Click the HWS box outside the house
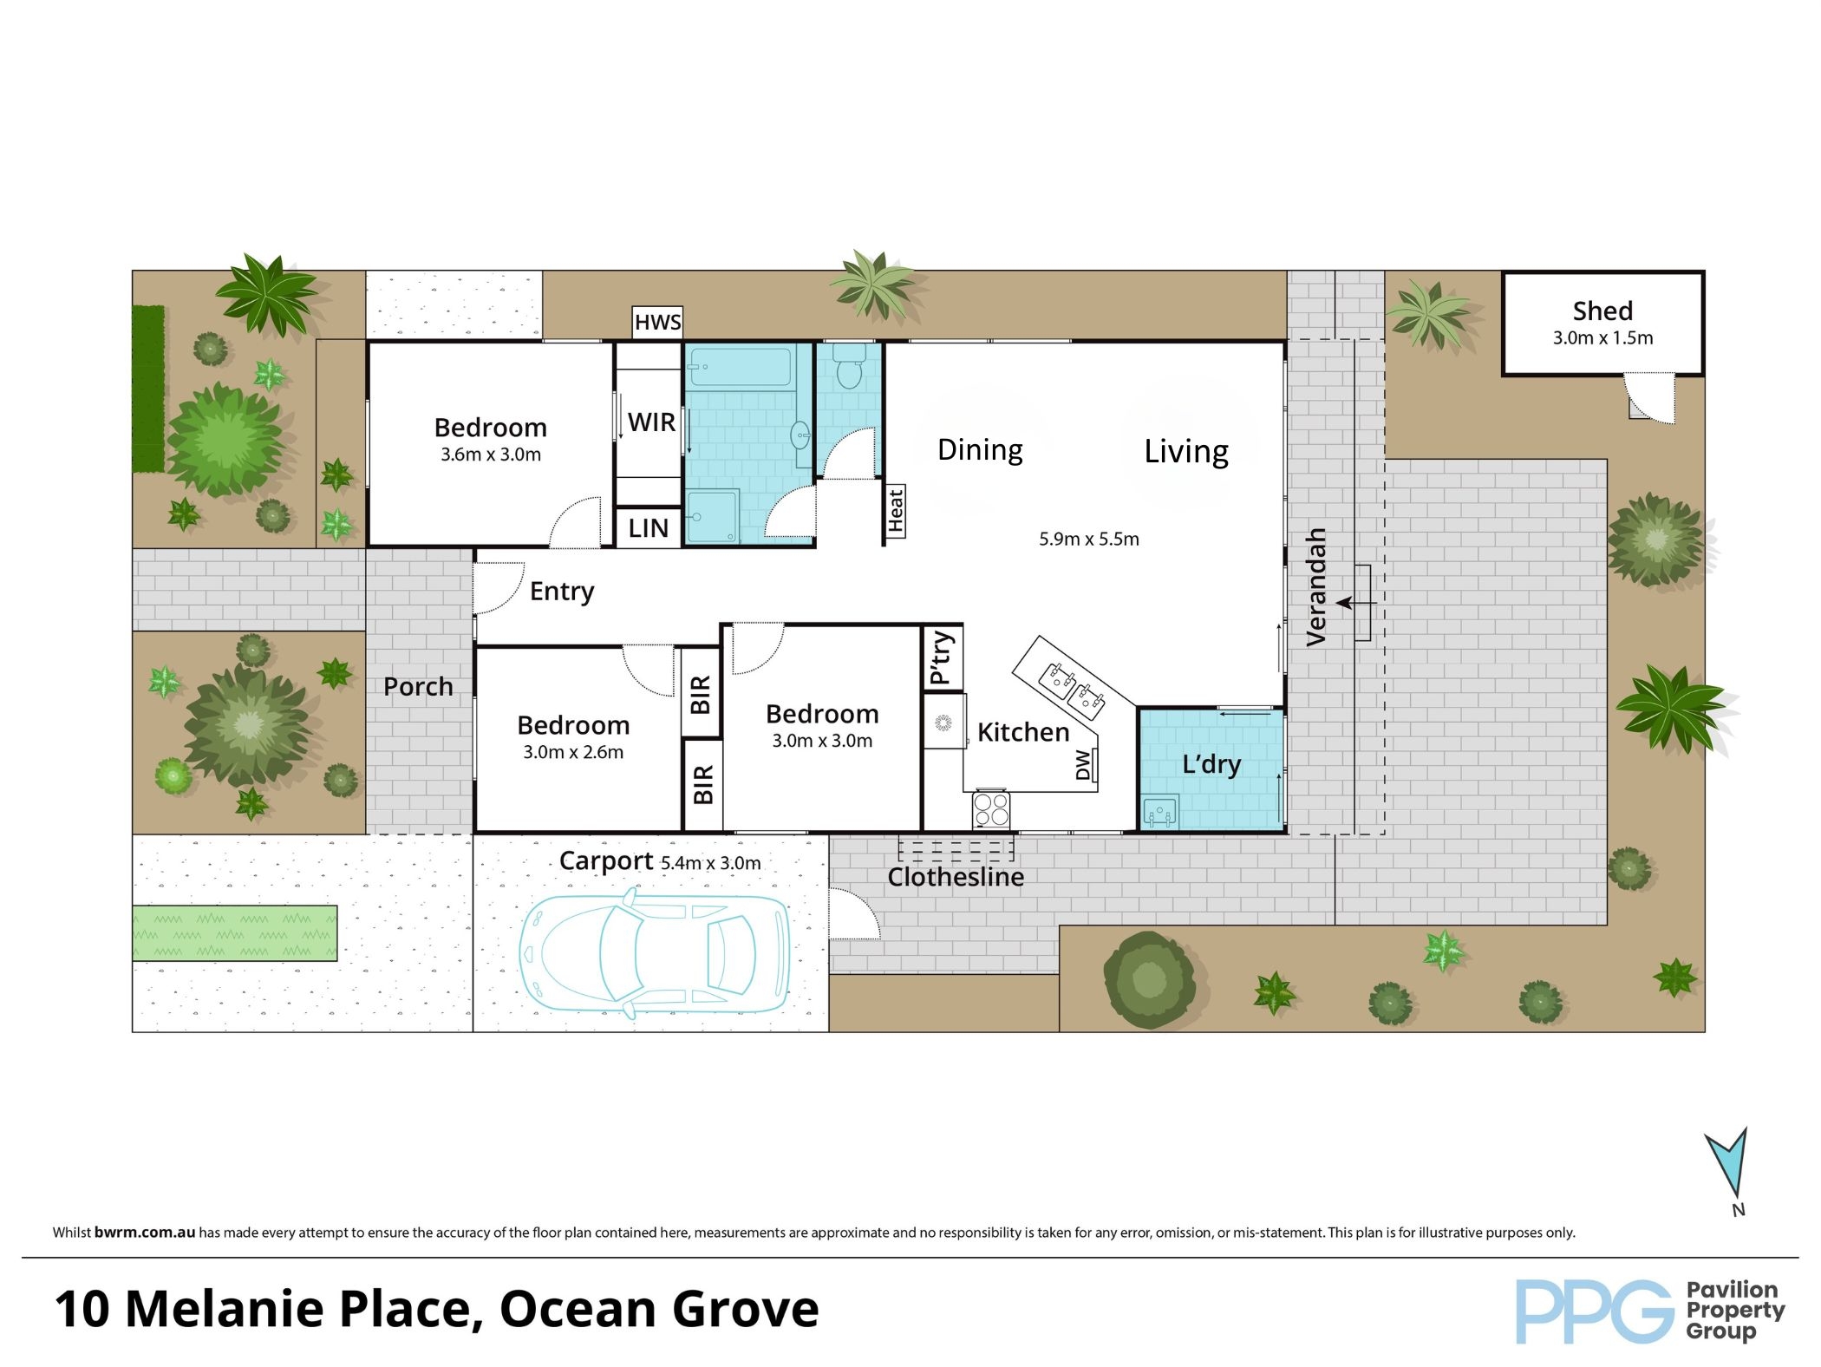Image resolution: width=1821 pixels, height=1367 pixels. coord(657,323)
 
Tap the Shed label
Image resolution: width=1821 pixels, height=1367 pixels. coord(1602,311)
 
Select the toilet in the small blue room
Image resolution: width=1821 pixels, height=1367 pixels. coord(848,368)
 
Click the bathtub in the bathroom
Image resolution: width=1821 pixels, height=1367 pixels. coord(740,366)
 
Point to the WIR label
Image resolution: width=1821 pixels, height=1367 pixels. coord(651,422)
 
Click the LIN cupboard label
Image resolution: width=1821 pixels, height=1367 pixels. coord(649,528)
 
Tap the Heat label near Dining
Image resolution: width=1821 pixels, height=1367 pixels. coord(896,510)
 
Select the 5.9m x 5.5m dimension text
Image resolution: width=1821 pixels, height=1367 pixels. coord(1089,539)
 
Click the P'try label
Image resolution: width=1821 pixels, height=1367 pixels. coord(943,658)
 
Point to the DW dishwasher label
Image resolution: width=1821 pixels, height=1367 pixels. coord(1083,765)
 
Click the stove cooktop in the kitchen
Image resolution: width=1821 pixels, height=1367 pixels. coord(991,810)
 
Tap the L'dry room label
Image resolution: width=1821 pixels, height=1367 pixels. coord(1211,764)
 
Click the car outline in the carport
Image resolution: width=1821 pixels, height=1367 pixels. coord(656,952)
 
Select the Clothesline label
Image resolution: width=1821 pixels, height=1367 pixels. coord(956,877)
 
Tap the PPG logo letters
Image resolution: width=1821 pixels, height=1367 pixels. coord(1594,1312)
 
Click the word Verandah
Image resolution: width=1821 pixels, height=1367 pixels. coord(1316,587)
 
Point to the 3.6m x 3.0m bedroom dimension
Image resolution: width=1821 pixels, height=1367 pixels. coord(491,455)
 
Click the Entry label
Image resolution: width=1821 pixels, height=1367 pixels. coord(562,592)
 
